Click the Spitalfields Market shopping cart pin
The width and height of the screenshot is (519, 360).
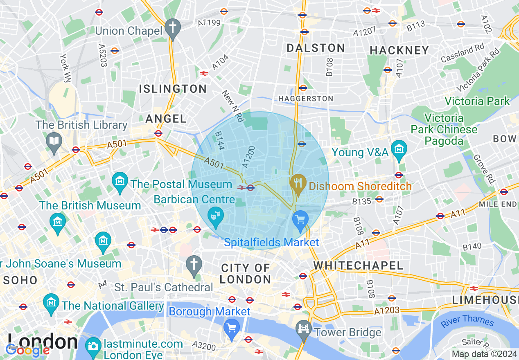coord(300,220)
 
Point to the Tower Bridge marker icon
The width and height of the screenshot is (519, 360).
coord(304,330)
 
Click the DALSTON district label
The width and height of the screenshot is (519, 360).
coord(316,48)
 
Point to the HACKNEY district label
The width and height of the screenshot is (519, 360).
coord(399,50)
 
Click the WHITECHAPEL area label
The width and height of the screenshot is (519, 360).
coord(358,265)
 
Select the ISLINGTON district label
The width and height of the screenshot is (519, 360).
coord(173,88)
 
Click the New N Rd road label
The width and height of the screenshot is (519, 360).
coord(233,106)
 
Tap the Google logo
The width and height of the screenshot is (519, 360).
coord(27,350)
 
